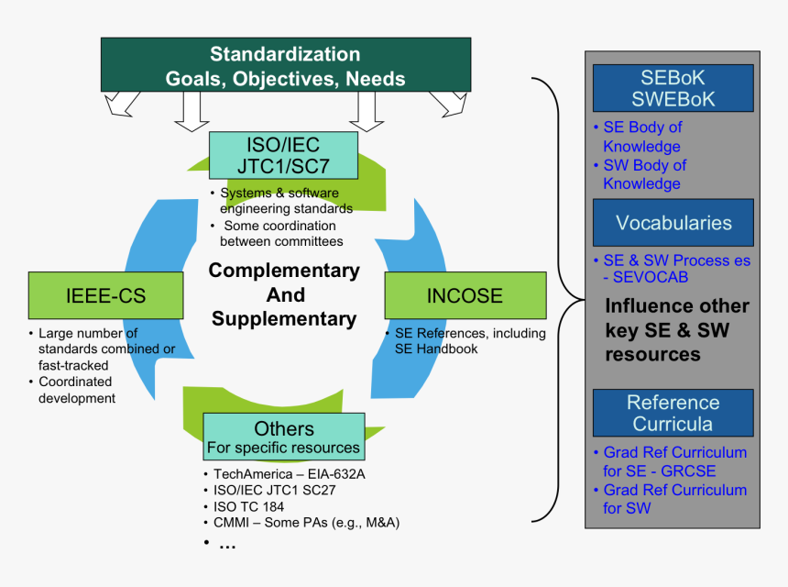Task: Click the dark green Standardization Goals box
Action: [x=285, y=66]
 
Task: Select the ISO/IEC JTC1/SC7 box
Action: [x=282, y=155]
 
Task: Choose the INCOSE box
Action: [x=465, y=295]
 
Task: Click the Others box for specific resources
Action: [x=284, y=437]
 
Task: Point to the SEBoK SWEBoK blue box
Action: [x=673, y=88]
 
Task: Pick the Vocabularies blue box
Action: [x=673, y=223]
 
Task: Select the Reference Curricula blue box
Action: [x=673, y=413]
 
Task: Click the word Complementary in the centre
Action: [x=284, y=271]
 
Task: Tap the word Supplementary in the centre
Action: [x=284, y=319]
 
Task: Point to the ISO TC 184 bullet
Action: [x=248, y=506]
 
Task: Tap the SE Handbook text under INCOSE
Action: [x=436, y=349]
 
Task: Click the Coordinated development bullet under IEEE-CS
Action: [x=76, y=390]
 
